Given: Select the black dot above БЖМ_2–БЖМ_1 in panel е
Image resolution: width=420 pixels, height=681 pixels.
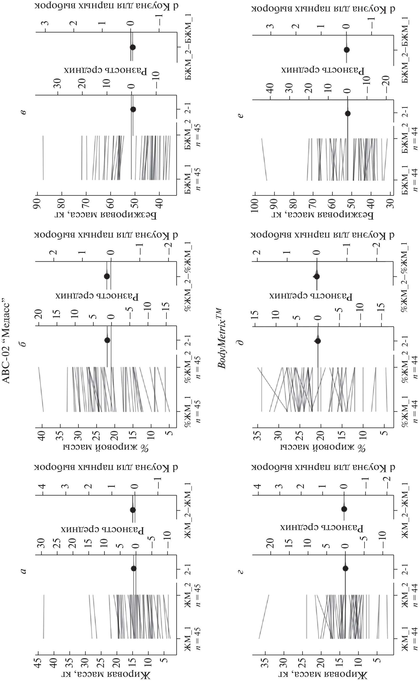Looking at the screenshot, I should pyautogui.click(x=347, y=50).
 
